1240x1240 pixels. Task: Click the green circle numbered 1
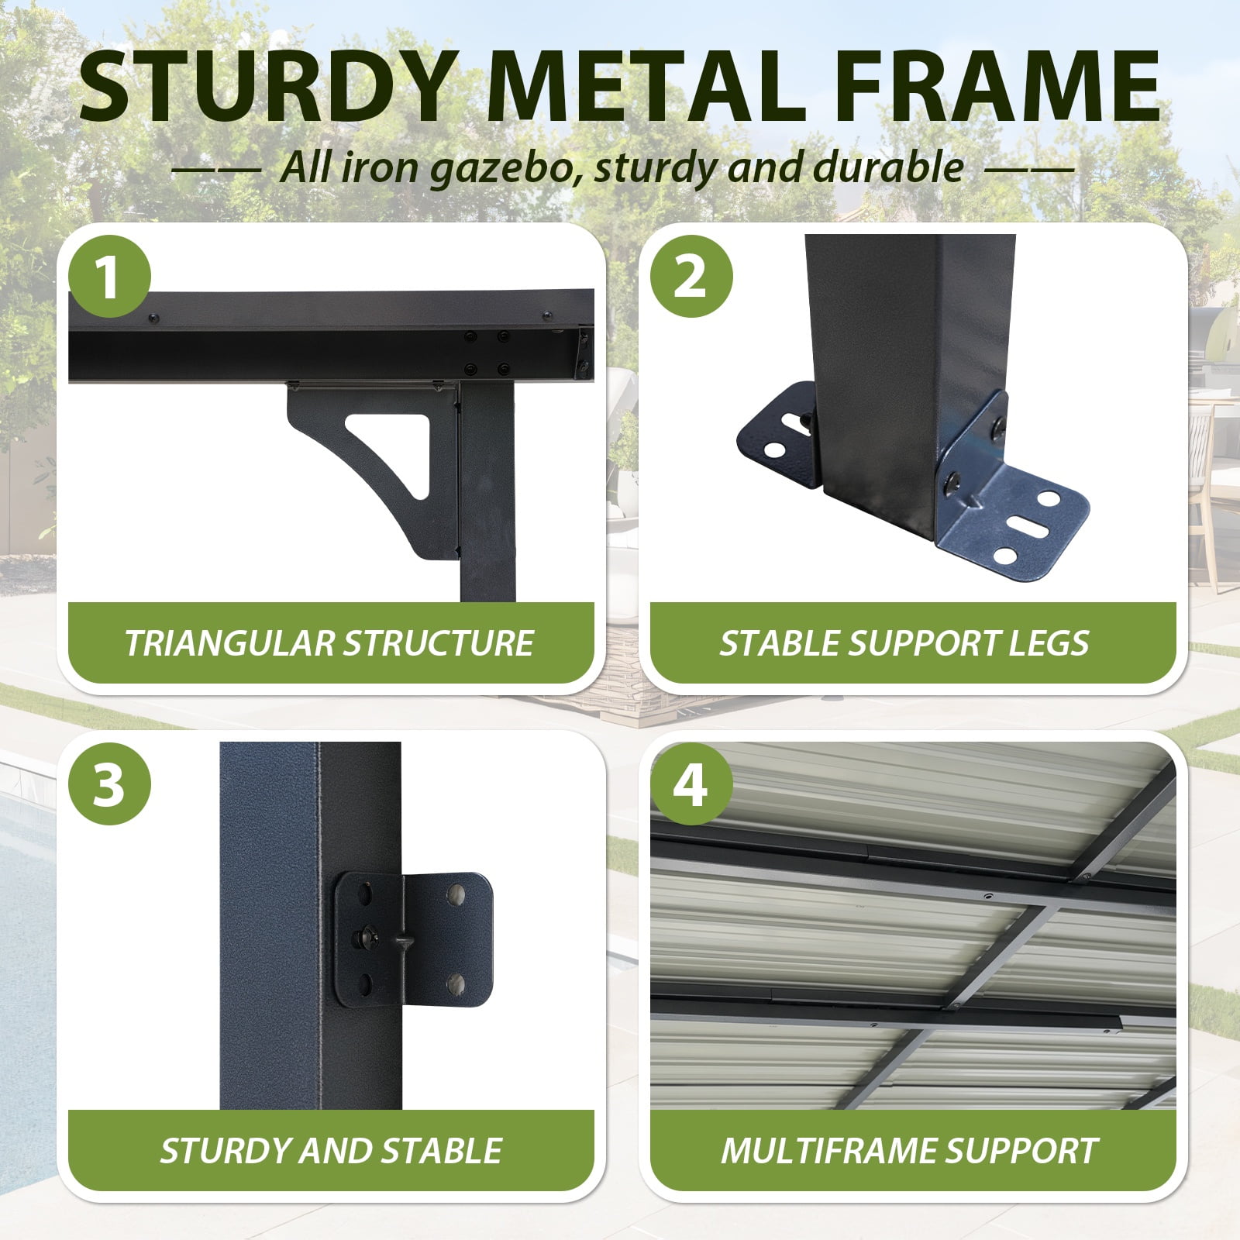tap(108, 277)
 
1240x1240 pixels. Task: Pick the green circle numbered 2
tap(691, 277)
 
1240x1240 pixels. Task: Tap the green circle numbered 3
tap(108, 784)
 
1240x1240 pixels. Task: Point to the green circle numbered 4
tap(691, 784)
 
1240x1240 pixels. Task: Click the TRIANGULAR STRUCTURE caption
tap(329, 643)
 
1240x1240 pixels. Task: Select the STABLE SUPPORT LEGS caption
tap(904, 643)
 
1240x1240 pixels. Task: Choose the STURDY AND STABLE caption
tap(331, 1151)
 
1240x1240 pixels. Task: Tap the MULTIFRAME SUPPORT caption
tap(909, 1151)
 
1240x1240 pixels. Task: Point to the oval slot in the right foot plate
tap(1023, 529)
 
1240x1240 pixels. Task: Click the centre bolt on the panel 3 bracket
tap(362, 938)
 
